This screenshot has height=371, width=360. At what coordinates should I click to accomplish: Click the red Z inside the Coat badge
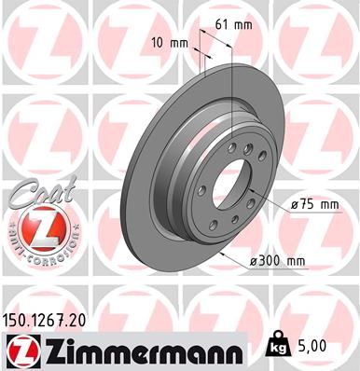point(37,227)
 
